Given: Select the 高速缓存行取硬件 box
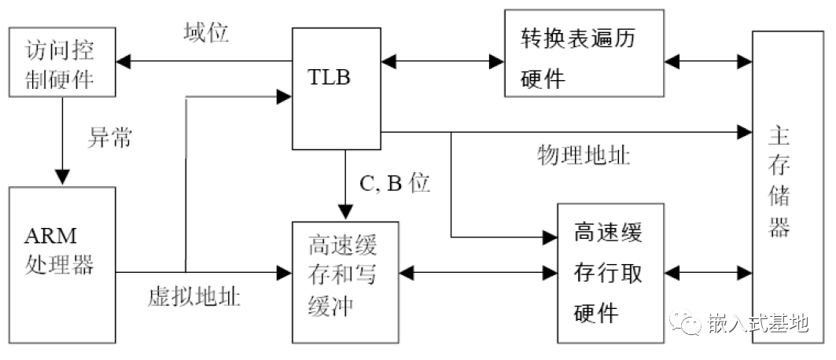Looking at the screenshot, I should (610, 272).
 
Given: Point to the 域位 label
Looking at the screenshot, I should (206, 34).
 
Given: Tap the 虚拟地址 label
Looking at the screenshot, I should (194, 297).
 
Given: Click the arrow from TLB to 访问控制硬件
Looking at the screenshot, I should (204, 61).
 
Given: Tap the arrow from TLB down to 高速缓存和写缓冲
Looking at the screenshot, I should (345, 185).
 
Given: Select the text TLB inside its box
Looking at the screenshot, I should (330, 78).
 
